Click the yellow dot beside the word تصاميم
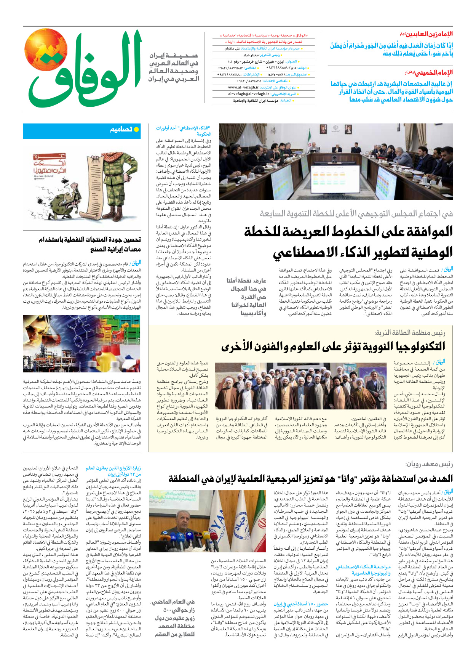[136, 129]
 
